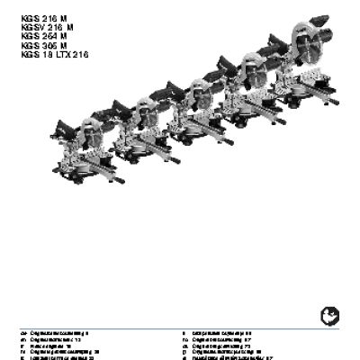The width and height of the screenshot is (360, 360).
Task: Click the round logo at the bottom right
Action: click(327, 316)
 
